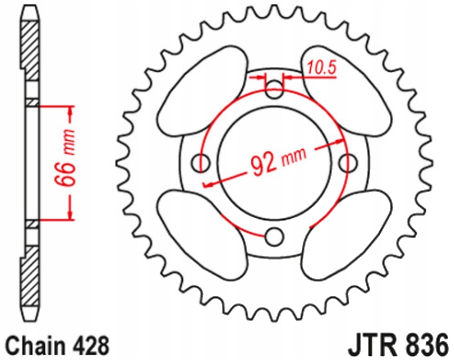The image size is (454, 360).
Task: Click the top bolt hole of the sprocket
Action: [274, 89]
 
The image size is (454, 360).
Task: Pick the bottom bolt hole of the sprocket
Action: [274, 237]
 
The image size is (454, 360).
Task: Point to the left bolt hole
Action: [200, 163]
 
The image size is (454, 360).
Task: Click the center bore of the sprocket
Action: [274, 163]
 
